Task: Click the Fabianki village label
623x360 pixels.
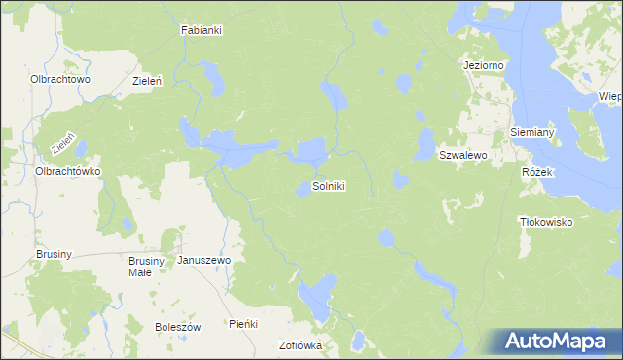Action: click(x=202, y=30)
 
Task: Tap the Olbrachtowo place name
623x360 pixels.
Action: click(x=60, y=79)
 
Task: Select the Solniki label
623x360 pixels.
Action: click(x=328, y=185)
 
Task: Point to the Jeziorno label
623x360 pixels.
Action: click(x=484, y=65)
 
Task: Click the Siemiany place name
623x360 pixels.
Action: click(x=532, y=131)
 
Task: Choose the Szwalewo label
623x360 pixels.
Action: click(x=462, y=155)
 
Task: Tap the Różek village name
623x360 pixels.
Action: click(x=536, y=172)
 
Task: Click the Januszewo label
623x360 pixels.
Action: click(x=203, y=261)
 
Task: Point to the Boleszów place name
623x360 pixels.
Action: click(x=177, y=327)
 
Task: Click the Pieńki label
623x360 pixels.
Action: click(x=241, y=323)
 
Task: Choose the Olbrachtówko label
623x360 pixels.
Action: click(x=68, y=170)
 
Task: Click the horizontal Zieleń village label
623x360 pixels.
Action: click(x=147, y=82)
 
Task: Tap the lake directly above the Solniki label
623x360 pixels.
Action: click(x=311, y=152)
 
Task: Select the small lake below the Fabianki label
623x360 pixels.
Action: click(x=210, y=73)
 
